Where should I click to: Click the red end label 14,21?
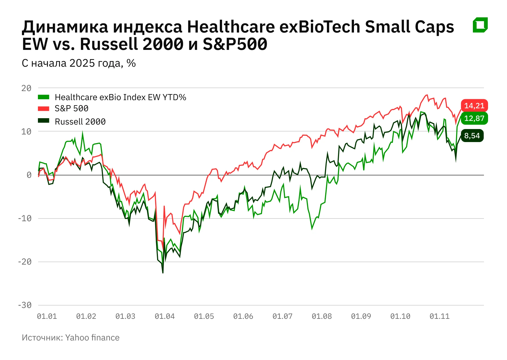[474, 106]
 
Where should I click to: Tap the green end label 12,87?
[474, 118]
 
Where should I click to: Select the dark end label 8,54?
[472, 136]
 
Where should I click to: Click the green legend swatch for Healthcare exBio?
[44, 97]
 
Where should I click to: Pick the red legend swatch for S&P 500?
[44, 109]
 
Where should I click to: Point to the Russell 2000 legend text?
[80, 122]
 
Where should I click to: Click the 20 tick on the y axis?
[27, 88]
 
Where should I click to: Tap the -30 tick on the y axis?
[25, 305]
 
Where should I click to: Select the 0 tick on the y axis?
[29, 175]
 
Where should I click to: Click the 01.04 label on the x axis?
[165, 316]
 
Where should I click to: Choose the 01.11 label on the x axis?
[440, 316]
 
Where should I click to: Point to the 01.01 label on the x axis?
[47, 316]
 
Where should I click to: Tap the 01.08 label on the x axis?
[322, 316]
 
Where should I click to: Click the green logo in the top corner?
[480, 25]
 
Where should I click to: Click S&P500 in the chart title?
[235, 44]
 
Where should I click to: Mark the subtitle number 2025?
[82, 63]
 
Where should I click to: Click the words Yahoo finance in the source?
[92, 338]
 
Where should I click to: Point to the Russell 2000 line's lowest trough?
[163, 273]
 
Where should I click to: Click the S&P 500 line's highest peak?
[427, 95]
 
